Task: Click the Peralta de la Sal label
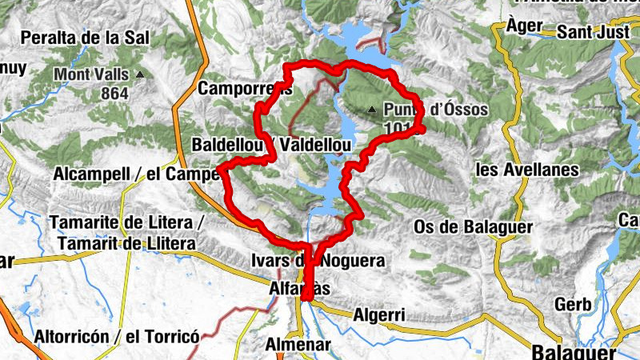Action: point(82,37)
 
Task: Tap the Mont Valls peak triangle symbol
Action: point(141,75)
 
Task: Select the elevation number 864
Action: point(114,92)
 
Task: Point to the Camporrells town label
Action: point(244,88)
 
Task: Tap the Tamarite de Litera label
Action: point(128,222)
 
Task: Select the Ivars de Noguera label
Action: point(318,261)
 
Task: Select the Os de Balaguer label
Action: point(473,227)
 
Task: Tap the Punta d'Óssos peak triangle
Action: point(372,110)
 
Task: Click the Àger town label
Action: point(524,26)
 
